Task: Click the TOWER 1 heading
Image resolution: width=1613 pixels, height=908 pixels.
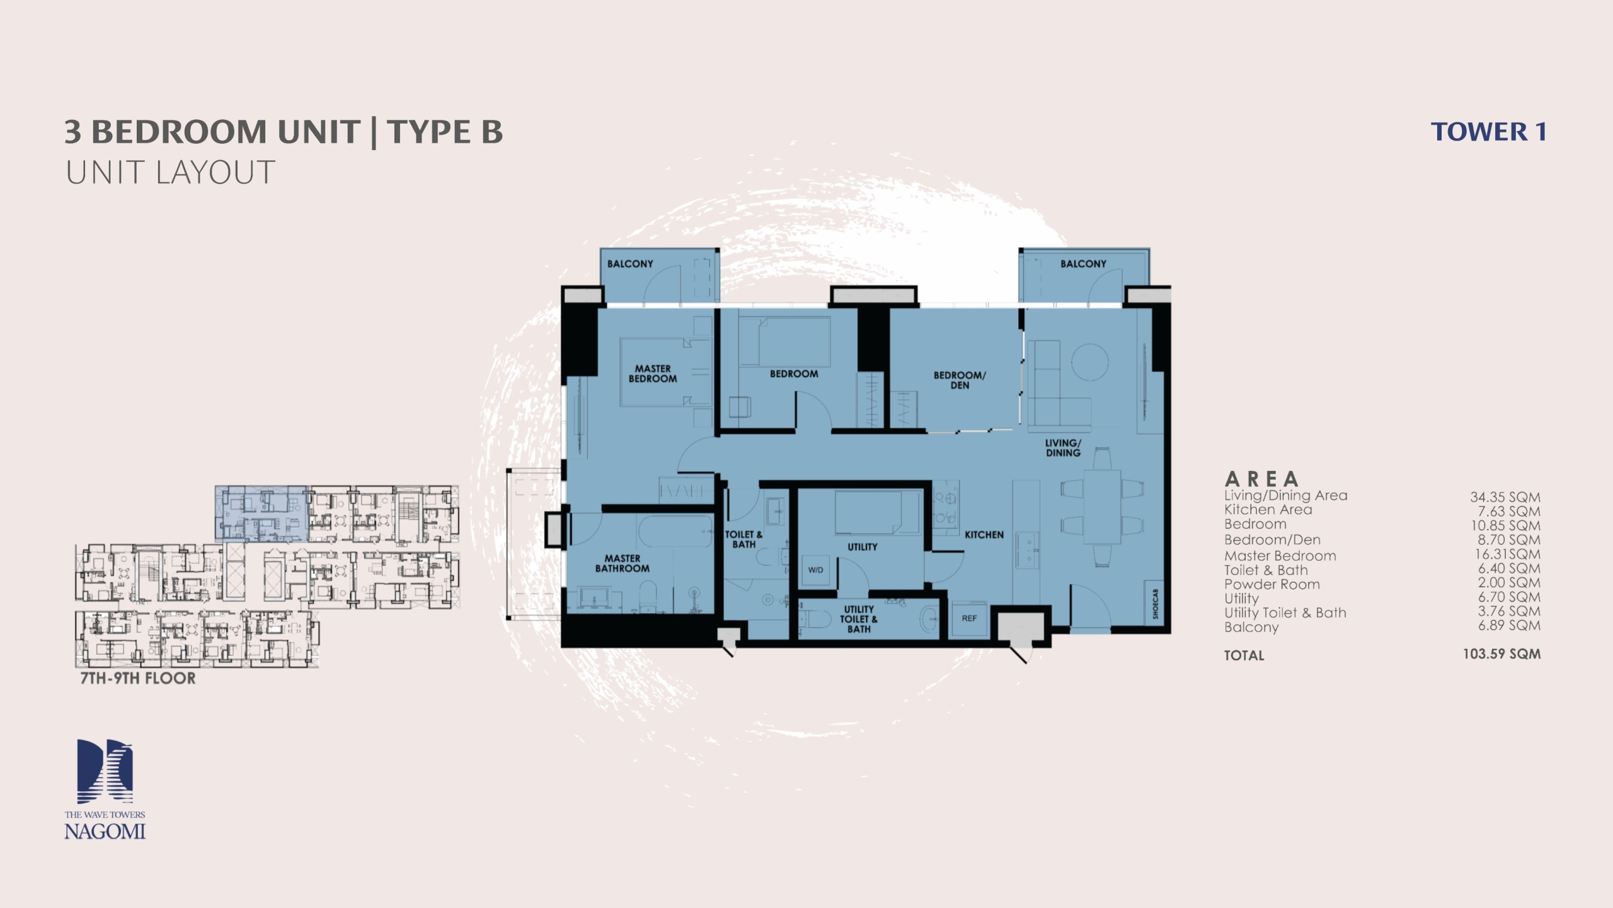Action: pos(1488,132)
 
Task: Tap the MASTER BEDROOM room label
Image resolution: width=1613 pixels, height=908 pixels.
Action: pos(653,373)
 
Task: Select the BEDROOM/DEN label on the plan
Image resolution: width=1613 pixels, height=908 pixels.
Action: pos(960,380)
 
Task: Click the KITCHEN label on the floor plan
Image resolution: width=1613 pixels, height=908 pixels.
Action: pos(984,535)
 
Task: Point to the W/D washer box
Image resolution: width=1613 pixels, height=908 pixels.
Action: pos(815,570)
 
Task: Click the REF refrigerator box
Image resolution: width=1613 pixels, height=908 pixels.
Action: pos(969,619)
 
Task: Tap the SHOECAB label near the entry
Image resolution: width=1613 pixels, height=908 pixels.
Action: pos(1156,603)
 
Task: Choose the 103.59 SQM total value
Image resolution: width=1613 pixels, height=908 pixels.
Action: pos(1501,653)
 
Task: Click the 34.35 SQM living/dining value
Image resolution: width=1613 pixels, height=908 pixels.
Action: pos(1505,497)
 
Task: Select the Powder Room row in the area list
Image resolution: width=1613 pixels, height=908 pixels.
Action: pos(1382,584)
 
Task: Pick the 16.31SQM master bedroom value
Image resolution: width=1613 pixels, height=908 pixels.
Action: pos(1507,554)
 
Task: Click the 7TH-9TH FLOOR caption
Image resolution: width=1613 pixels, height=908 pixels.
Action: pos(138,678)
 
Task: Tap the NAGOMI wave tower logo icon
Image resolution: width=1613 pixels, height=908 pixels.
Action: pos(105,771)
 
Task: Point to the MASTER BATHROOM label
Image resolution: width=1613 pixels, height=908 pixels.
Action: pos(622,563)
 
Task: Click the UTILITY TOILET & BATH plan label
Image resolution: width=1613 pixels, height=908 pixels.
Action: pos(858,619)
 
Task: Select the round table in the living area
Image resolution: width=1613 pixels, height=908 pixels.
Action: pos(1089,361)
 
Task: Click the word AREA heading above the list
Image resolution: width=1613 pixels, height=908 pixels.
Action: pos(1261,479)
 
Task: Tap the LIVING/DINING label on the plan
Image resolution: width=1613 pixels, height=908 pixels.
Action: pos(1063,448)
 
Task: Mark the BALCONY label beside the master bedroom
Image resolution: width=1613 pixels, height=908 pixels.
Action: pos(630,264)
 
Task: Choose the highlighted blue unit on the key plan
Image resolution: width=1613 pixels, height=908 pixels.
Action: pos(261,513)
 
